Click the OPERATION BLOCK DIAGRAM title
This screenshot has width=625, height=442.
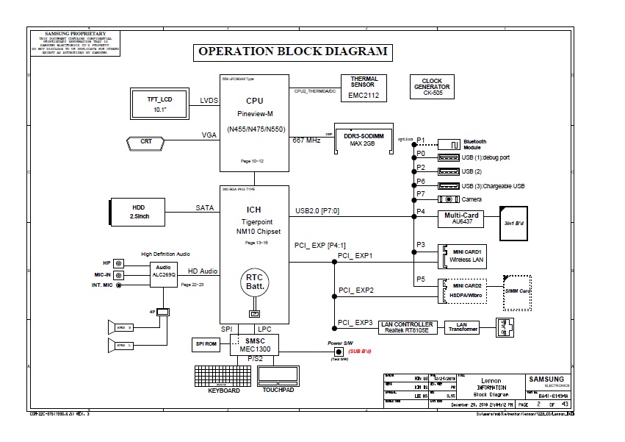click(x=292, y=52)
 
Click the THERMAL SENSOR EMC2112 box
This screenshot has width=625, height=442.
click(x=364, y=88)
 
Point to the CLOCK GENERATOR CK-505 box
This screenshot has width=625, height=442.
click(x=432, y=88)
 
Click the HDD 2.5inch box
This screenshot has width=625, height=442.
click(x=138, y=211)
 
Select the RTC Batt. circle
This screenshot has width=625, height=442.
click(x=255, y=282)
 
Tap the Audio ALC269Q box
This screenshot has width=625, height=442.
click(x=164, y=271)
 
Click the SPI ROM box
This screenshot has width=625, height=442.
click(x=205, y=343)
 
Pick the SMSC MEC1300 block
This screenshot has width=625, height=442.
click(x=255, y=344)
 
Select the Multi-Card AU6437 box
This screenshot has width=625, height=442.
click(x=462, y=218)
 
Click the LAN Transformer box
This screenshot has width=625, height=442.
click(x=462, y=327)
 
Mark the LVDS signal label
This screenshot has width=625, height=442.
click(x=210, y=100)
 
